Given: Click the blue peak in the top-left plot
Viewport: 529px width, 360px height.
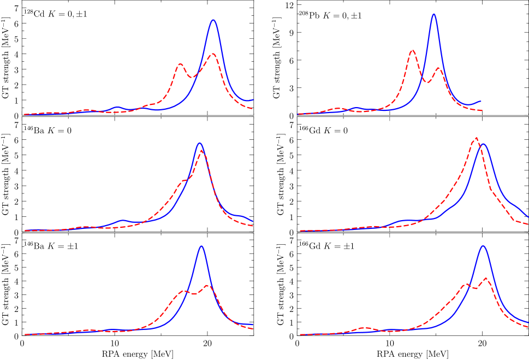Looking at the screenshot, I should point(213,20).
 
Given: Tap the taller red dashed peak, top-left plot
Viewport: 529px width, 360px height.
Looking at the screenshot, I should point(213,54).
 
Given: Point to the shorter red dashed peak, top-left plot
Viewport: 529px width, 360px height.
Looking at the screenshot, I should point(180,64).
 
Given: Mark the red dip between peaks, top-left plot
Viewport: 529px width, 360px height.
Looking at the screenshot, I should point(191,76).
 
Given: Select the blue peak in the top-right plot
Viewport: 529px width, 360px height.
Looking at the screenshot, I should point(433,14).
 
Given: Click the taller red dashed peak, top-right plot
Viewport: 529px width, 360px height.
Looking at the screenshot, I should point(412,51).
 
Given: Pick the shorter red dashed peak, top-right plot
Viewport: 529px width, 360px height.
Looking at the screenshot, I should point(438,68).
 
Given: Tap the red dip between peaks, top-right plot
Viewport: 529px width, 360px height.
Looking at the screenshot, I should point(428,82).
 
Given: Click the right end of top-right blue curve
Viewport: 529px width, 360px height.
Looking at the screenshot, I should point(480,101).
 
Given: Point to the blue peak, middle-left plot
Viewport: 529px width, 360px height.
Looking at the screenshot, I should point(200,143).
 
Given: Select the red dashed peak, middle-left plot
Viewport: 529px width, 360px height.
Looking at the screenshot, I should point(202,151).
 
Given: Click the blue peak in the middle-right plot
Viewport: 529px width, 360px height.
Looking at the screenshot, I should point(483,144).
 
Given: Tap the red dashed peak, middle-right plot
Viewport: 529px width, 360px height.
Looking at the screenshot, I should point(476,138).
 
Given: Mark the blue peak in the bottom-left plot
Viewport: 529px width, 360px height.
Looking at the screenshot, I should point(201,246).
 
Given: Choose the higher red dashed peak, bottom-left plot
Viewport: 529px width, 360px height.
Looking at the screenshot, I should point(207,286).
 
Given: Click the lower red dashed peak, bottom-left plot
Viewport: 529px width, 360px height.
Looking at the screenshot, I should point(185,292).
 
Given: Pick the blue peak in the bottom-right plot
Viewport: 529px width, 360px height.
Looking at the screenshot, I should point(483,246).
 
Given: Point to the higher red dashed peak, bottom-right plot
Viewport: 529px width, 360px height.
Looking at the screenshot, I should point(485,279).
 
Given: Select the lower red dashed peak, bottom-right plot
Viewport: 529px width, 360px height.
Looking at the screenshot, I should point(466,285).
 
